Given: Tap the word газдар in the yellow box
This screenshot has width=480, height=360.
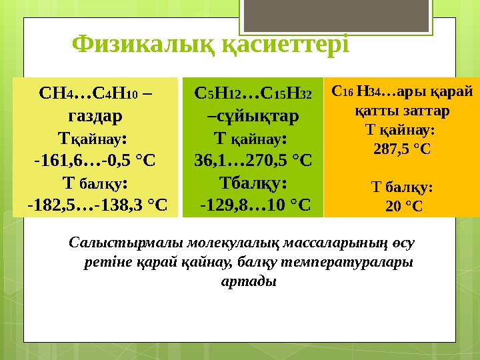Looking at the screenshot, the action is click(95, 116).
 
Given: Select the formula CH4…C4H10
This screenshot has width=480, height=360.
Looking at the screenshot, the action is click(89, 93).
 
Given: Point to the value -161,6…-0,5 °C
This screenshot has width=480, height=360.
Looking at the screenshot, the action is click(95, 161).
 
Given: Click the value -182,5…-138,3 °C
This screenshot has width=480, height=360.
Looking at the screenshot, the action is click(97, 205).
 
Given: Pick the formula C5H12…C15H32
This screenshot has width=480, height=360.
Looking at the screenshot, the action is click(253, 93).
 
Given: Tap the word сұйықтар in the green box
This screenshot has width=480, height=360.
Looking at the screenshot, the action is click(257, 116).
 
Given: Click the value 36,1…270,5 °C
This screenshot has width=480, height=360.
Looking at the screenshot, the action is click(253, 161).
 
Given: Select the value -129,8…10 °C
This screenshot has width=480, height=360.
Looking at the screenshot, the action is click(255, 205).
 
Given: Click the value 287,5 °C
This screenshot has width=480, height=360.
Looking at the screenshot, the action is click(402, 149).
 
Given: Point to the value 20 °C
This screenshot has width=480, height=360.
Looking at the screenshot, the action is click(404, 206).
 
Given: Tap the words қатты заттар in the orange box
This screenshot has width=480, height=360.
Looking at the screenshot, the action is click(402, 111).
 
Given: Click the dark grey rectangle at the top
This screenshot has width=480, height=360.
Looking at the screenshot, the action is click(336, 15).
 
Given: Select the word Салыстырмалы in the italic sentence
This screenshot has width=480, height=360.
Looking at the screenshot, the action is click(126, 243).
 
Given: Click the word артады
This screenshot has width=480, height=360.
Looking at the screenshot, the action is click(249, 281).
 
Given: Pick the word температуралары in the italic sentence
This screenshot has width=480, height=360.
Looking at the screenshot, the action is click(347, 263).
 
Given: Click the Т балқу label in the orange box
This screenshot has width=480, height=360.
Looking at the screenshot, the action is click(402, 187).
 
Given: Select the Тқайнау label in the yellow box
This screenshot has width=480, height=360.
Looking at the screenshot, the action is click(93, 139).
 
